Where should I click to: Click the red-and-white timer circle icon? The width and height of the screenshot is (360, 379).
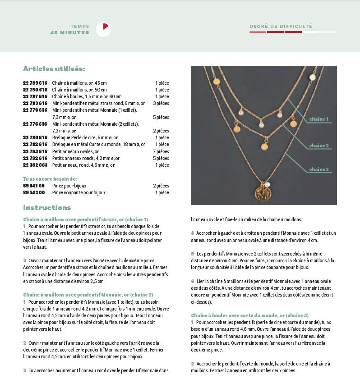point(103,29)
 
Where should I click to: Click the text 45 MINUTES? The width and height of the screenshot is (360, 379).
point(70,33)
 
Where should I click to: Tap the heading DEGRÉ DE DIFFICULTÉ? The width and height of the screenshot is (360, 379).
point(281,26)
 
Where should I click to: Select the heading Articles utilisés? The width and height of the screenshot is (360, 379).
point(54,69)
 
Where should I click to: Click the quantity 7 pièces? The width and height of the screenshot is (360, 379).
point(161,151)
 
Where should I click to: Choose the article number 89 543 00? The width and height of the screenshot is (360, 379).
point(34,192)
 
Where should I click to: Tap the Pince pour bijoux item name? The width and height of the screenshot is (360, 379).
point(69,186)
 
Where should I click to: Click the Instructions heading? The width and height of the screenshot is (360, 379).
point(47,208)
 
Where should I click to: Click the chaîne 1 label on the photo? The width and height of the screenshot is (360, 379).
point(318,119)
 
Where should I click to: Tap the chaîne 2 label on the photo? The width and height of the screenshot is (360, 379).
point(318,146)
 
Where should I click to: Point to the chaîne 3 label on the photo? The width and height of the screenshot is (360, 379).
point(318,170)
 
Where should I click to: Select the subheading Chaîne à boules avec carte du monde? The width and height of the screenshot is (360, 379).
point(250,315)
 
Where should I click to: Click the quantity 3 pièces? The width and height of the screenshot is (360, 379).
point(161,103)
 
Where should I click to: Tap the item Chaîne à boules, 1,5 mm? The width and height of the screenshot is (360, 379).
point(87,96)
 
